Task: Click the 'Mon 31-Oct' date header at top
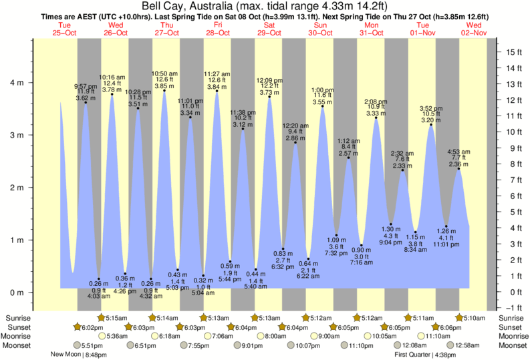point(371,29)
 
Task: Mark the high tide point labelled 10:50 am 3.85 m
point(164,91)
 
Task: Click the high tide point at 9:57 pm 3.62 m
point(86,103)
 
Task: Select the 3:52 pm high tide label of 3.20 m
point(431,114)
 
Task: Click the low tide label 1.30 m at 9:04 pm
point(391,236)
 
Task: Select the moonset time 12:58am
point(458,345)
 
